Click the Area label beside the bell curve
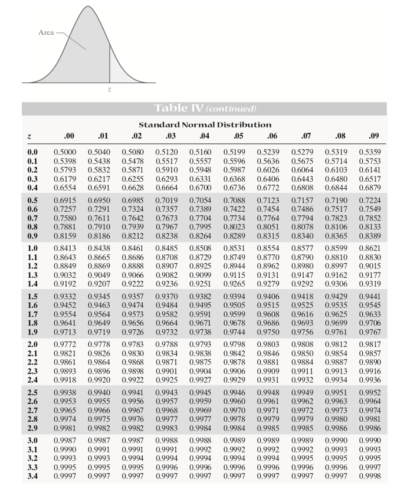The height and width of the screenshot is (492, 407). point(46,32)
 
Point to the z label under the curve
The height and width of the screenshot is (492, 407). point(110,90)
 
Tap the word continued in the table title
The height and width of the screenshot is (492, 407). point(231,109)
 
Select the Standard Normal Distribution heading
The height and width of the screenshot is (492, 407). point(205,124)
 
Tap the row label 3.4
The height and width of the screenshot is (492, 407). point(32,475)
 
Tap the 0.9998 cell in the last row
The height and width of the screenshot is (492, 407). point(370,475)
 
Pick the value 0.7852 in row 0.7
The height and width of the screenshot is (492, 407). point(370,218)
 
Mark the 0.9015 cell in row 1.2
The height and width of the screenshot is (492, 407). point(370,267)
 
